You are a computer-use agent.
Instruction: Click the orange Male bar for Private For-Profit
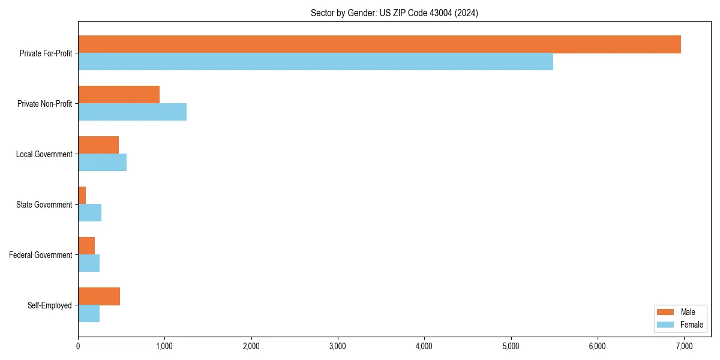click(379, 44)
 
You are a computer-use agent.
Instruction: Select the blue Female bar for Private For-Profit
click(316, 62)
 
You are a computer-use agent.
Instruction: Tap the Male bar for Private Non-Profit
click(119, 95)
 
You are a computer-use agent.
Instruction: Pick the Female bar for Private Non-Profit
click(132, 112)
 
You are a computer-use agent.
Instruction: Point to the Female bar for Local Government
click(102, 163)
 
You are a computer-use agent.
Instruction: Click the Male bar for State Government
click(82, 196)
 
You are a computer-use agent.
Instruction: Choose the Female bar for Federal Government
click(89, 263)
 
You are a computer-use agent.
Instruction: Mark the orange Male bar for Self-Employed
click(99, 296)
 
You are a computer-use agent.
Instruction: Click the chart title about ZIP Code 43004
click(394, 13)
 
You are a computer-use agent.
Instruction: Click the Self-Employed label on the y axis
click(50, 305)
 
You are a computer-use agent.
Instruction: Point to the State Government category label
click(44, 205)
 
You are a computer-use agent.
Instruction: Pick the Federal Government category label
click(41, 255)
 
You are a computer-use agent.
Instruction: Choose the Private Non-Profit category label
click(46, 104)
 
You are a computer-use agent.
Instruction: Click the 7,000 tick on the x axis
click(683, 346)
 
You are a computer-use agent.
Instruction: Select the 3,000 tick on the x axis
click(337, 346)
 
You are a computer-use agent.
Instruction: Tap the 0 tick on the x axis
click(78, 346)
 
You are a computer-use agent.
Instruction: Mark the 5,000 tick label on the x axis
click(511, 346)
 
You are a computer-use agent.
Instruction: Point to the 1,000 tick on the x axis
click(164, 346)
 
